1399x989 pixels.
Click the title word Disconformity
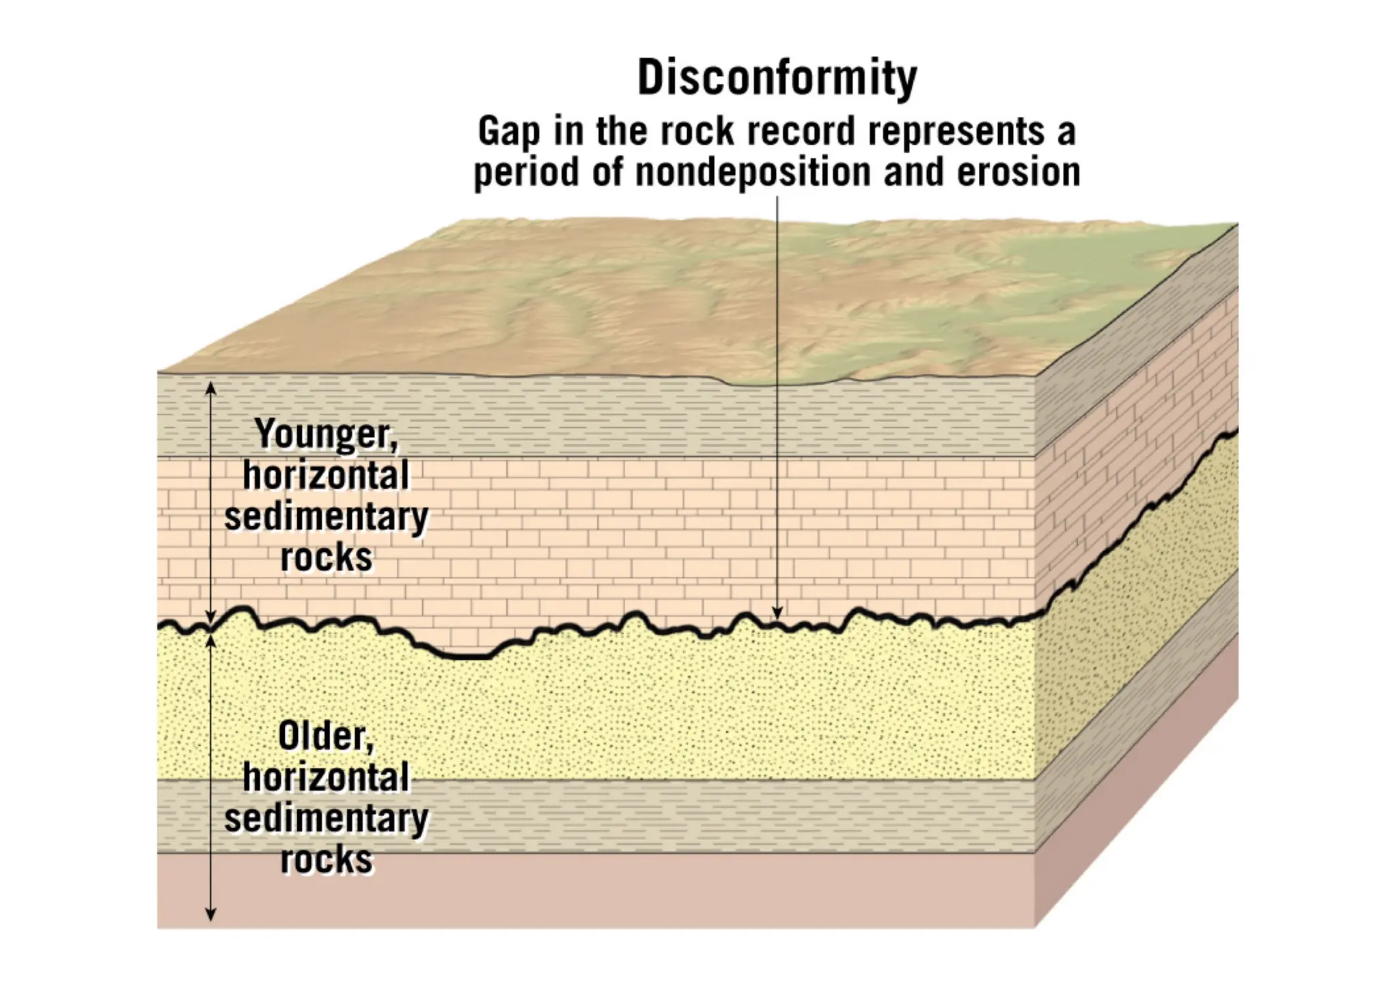(777, 77)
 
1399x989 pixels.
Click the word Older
(326, 736)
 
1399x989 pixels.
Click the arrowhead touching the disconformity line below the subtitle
(777, 612)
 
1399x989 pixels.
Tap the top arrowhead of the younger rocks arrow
(211, 388)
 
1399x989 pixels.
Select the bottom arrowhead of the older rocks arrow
(211, 915)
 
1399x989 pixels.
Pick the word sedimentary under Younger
(326, 516)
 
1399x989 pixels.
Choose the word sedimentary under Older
(326, 818)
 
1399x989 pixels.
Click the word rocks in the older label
(326, 859)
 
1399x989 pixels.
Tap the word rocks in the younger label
(326, 557)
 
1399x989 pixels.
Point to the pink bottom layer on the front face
(615, 891)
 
